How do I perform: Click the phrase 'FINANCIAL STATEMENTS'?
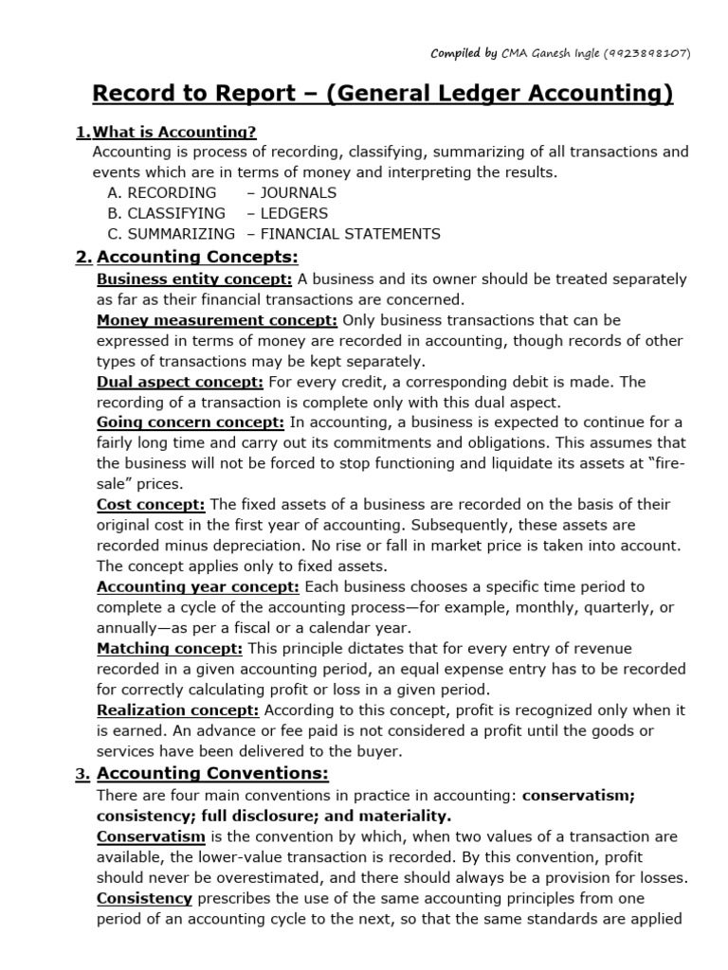tap(351, 234)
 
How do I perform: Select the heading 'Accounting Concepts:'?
tap(197, 257)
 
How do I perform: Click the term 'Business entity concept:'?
tap(194, 278)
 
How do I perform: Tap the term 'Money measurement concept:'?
tap(217, 320)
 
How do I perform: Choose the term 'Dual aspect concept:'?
tap(180, 381)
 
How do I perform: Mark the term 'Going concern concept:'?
tap(190, 422)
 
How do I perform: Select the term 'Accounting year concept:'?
tap(198, 586)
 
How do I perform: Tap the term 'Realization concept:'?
tap(178, 710)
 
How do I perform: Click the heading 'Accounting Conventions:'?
tap(212, 773)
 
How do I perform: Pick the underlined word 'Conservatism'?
tap(151, 836)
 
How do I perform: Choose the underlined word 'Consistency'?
tap(144, 898)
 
